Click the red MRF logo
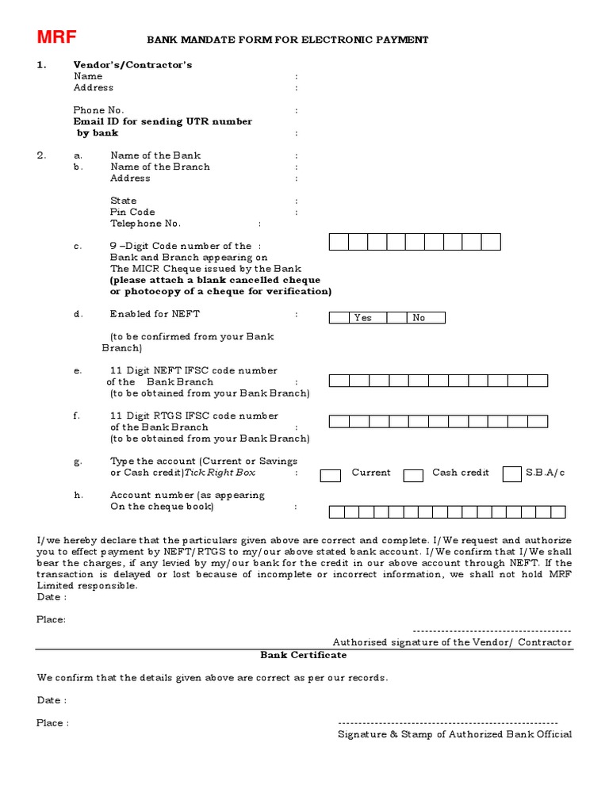coord(56,37)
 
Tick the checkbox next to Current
coord(330,476)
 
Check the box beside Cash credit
coord(413,476)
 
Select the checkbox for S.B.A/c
coord(512,474)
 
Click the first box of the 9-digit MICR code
coord(339,242)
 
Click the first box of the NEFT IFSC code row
coord(339,381)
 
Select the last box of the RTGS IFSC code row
coord(538,421)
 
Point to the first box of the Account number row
coord(335,512)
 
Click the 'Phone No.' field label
coord(98,110)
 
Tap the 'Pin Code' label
coord(132,213)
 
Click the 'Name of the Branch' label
coord(160,167)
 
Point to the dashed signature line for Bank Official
coord(448,723)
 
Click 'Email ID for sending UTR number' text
coord(163,121)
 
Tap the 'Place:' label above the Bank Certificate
coord(52,619)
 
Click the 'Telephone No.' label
coord(145,224)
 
